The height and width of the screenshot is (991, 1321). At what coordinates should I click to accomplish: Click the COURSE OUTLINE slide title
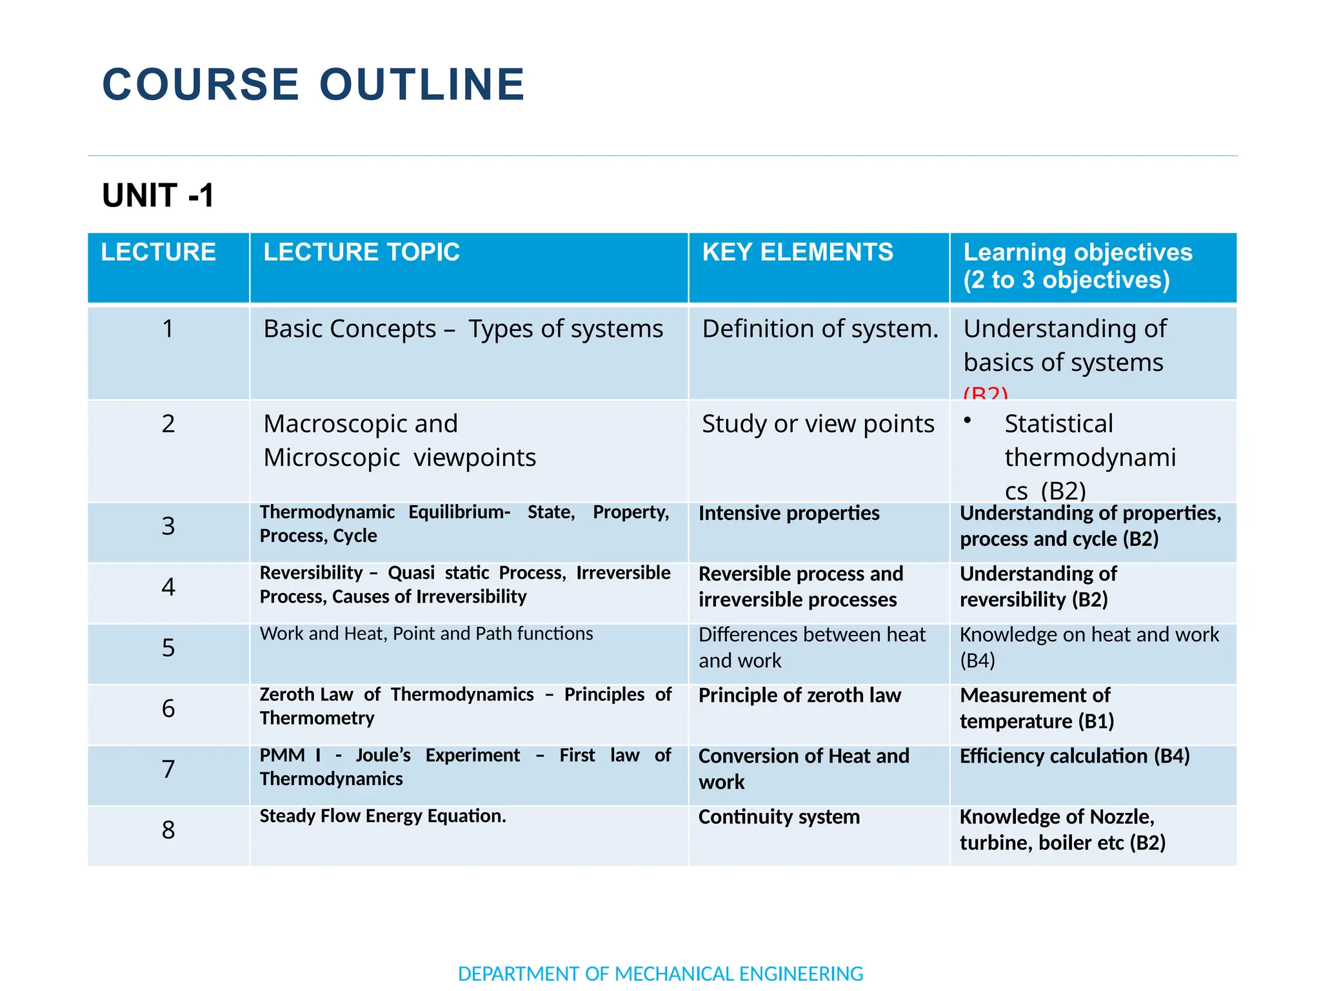313,85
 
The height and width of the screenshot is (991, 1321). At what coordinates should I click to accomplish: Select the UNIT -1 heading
158,195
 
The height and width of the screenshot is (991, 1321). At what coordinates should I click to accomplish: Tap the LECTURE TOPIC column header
361,252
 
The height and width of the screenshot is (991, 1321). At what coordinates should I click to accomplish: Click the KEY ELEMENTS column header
797,252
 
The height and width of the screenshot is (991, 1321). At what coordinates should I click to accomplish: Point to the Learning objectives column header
1077,266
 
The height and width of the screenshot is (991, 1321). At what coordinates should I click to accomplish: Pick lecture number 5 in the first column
168,648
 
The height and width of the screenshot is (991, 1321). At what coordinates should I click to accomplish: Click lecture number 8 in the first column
168,830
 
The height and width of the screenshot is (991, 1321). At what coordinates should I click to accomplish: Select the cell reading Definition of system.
820,329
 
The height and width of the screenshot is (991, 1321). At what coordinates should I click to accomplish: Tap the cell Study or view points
818,424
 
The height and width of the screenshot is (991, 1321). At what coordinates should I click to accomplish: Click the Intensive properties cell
789,514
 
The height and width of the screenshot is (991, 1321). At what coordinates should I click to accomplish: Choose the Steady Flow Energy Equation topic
382,816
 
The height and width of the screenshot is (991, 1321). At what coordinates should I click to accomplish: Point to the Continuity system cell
779,817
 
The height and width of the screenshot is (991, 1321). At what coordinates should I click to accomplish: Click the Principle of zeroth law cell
799,696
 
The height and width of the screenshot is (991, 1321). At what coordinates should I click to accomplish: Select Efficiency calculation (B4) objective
1075,756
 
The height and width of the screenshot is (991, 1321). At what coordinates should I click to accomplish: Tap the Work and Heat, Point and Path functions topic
426,634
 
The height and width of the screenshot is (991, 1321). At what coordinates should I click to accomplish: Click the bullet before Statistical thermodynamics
967,420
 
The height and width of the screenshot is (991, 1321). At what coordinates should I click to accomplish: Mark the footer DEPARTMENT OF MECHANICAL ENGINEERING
660,974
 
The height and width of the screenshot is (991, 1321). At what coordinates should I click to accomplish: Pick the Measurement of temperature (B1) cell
1037,708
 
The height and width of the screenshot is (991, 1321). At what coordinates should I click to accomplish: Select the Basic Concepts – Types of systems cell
462,329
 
